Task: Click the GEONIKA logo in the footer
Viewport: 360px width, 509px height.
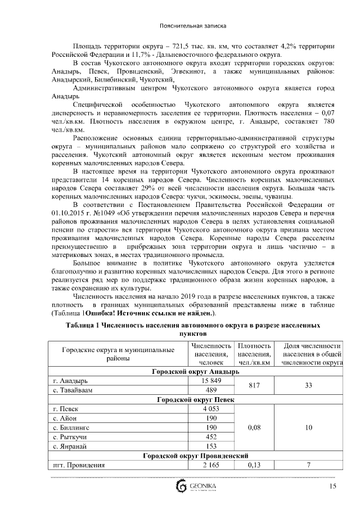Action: click(188, 487)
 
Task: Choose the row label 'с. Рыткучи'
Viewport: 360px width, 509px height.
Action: click(71, 436)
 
